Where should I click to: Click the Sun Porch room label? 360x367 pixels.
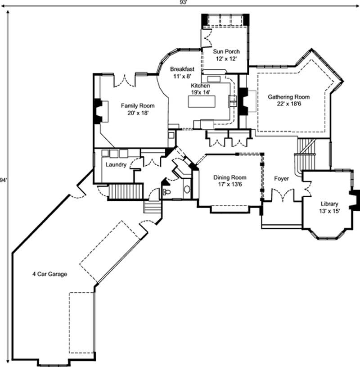click(x=227, y=55)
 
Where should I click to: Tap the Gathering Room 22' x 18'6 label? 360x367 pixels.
click(x=289, y=100)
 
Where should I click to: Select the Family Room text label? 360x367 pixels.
click(x=137, y=109)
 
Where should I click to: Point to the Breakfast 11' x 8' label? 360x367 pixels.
click(x=182, y=73)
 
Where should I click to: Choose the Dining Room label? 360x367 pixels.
click(x=229, y=181)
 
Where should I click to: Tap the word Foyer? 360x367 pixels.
click(x=282, y=179)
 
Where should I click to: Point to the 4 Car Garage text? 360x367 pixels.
click(x=49, y=274)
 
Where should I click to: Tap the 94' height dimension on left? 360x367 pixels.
click(x=4, y=180)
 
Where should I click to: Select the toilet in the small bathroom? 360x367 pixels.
click(x=167, y=192)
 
